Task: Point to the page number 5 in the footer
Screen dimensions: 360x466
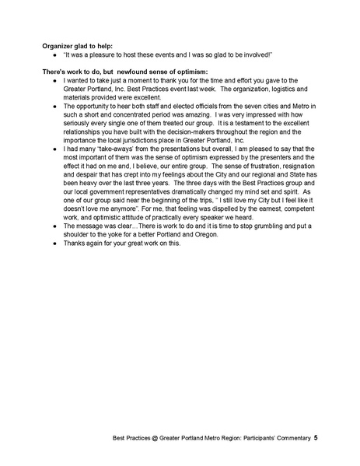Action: (x=315, y=439)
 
